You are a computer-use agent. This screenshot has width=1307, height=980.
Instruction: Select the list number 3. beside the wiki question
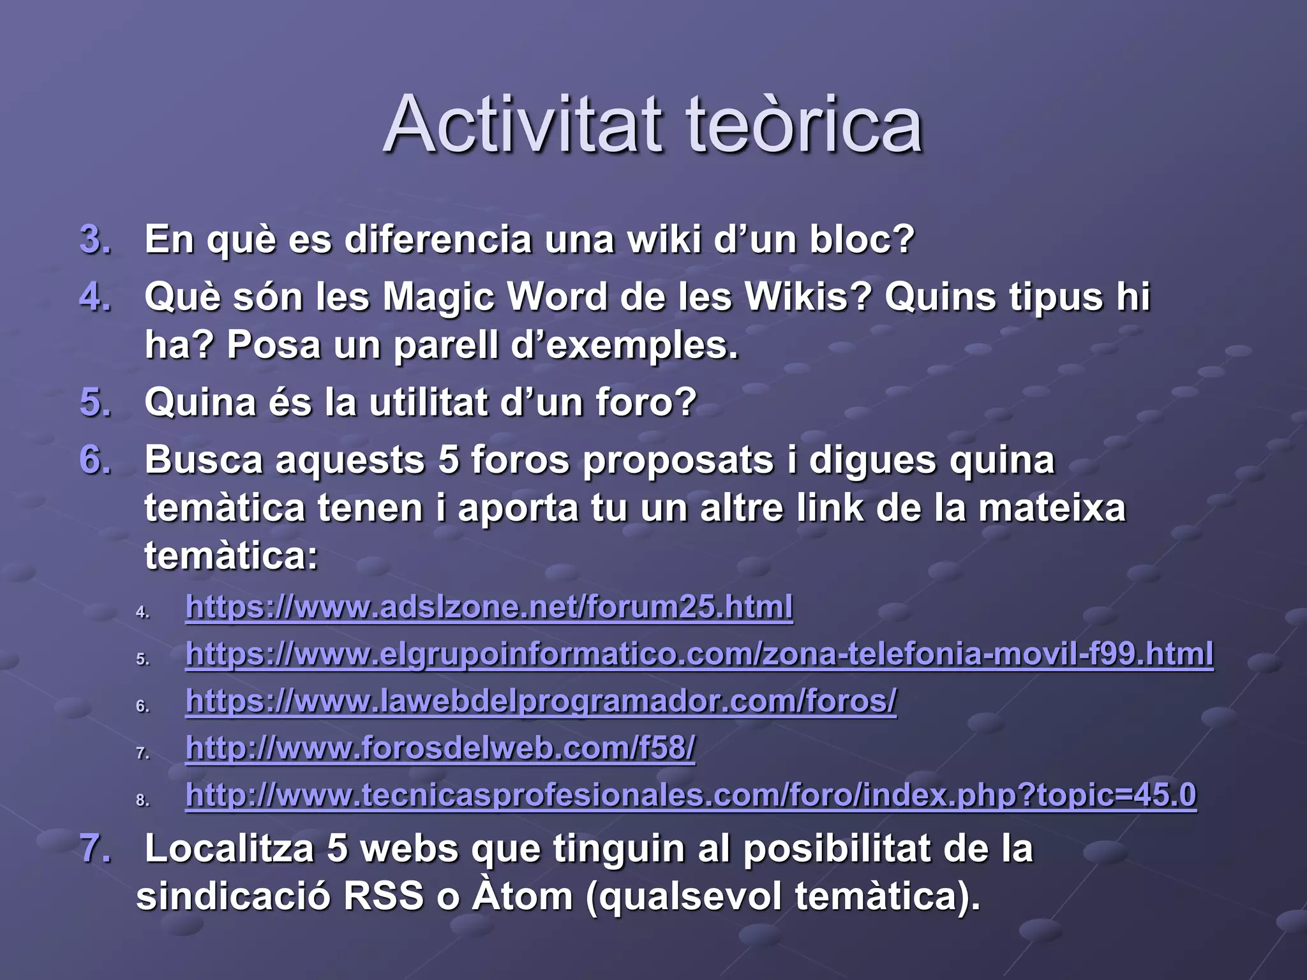click(x=96, y=240)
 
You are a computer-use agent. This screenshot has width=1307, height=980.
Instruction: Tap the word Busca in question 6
click(x=204, y=460)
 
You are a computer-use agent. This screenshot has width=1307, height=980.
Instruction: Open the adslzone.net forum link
click(x=489, y=607)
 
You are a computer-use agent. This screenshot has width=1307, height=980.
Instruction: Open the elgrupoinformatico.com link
click(x=699, y=654)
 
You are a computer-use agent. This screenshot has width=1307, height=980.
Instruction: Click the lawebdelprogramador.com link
click(x=541, y=701)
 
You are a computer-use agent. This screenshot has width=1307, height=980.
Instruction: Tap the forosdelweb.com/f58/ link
click(x=440, y=748)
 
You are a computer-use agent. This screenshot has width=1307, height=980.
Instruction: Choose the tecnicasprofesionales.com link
click(x=691, y=795)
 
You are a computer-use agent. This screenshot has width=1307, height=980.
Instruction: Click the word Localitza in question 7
click(x=229, y=849)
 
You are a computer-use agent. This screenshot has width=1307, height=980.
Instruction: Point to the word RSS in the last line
click(x=384, y=896)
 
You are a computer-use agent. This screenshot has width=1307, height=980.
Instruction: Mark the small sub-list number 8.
click(x=142, y=801)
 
